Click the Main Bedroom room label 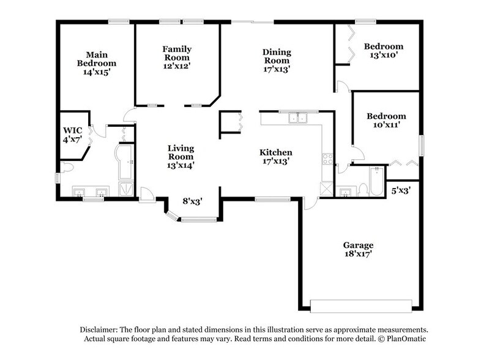[x=97, y=63]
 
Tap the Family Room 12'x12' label [x=177, y=58]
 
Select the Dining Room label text [x=277, y=61]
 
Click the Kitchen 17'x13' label [x=275, y=157]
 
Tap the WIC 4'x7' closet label [x=73, y=135]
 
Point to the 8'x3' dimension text [x=193, y=200]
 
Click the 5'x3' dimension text [x=401, y=190]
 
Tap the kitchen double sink [x=298, y=117]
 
